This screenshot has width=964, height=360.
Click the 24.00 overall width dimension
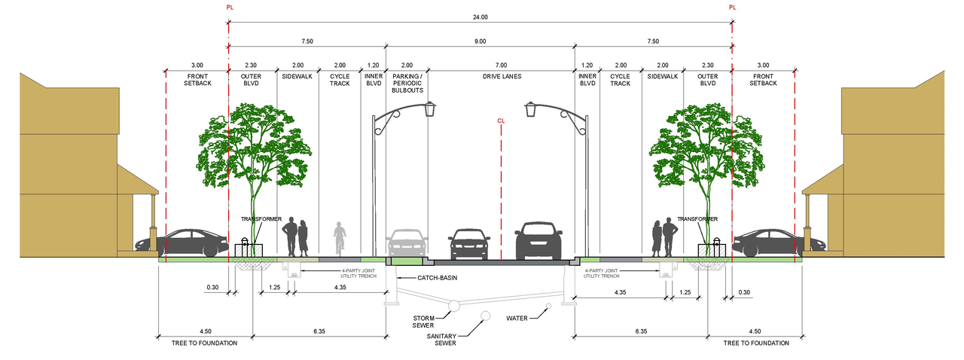[480, 17]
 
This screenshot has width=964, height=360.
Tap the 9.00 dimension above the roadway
[480, 41]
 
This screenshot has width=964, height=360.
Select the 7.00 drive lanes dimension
[502, 66]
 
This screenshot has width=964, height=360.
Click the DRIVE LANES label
[502, 76]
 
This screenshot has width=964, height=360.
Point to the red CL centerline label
[501, 121]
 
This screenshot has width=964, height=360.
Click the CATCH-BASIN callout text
[438, 278]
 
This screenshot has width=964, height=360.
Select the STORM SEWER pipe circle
[453, 306]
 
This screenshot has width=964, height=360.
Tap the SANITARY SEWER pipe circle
[486, 316]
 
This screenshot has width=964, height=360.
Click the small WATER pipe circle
[549, 307]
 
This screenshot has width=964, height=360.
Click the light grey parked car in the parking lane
[407, 243]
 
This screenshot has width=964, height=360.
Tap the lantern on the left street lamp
[430, 108]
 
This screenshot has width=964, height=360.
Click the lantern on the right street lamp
[531, 109]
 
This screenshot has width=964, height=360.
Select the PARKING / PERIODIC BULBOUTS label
[407, 83]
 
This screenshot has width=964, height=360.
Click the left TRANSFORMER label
[261, 219]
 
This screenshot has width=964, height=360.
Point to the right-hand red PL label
[733, 8]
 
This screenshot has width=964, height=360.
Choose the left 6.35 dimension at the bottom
[319, 331]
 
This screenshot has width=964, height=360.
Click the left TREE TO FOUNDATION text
[204, 343]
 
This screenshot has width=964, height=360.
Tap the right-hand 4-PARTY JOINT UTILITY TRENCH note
[601, 273]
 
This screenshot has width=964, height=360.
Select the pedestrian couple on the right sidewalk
[664, 237]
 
